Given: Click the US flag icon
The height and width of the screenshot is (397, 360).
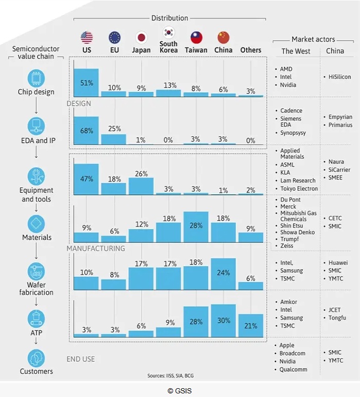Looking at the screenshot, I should coord(87,38).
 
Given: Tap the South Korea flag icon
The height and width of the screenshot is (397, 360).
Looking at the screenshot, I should coord(168,32).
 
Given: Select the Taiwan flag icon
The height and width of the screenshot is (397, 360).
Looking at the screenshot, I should coord(196,38).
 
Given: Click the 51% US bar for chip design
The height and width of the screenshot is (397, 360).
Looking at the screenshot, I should coord(87,83).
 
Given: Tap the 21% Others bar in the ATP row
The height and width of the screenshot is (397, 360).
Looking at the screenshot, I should coord(251,325).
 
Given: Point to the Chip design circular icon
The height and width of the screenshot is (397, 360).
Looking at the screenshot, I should coord(37,78).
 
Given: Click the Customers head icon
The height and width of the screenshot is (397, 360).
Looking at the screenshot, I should coord(37,358).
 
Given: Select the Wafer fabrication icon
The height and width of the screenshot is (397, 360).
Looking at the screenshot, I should coord(37,271).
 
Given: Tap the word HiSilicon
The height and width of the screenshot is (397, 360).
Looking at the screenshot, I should coord(339,77).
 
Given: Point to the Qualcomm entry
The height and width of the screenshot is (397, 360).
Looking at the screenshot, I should coord(294,369).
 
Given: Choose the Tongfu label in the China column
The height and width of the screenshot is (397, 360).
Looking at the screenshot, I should coord(337,318).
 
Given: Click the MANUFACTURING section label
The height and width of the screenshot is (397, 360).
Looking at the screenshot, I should coord(96,249).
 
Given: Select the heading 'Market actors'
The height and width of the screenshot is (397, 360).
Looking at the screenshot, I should coord(313,39).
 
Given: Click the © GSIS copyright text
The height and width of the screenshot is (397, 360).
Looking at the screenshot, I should coord(180,391).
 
